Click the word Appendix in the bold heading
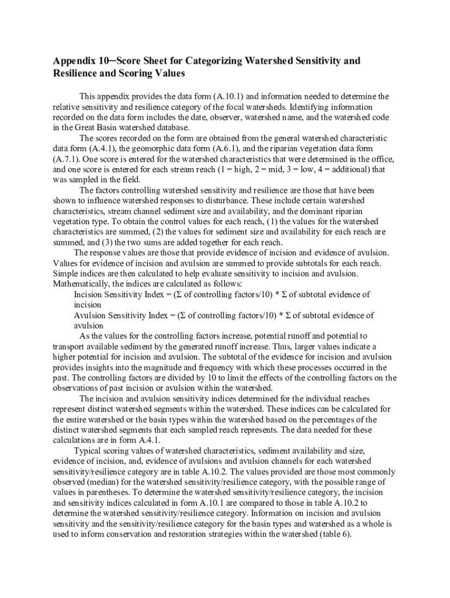click(x=74, y=61)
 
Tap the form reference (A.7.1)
click(x=67, y=159)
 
